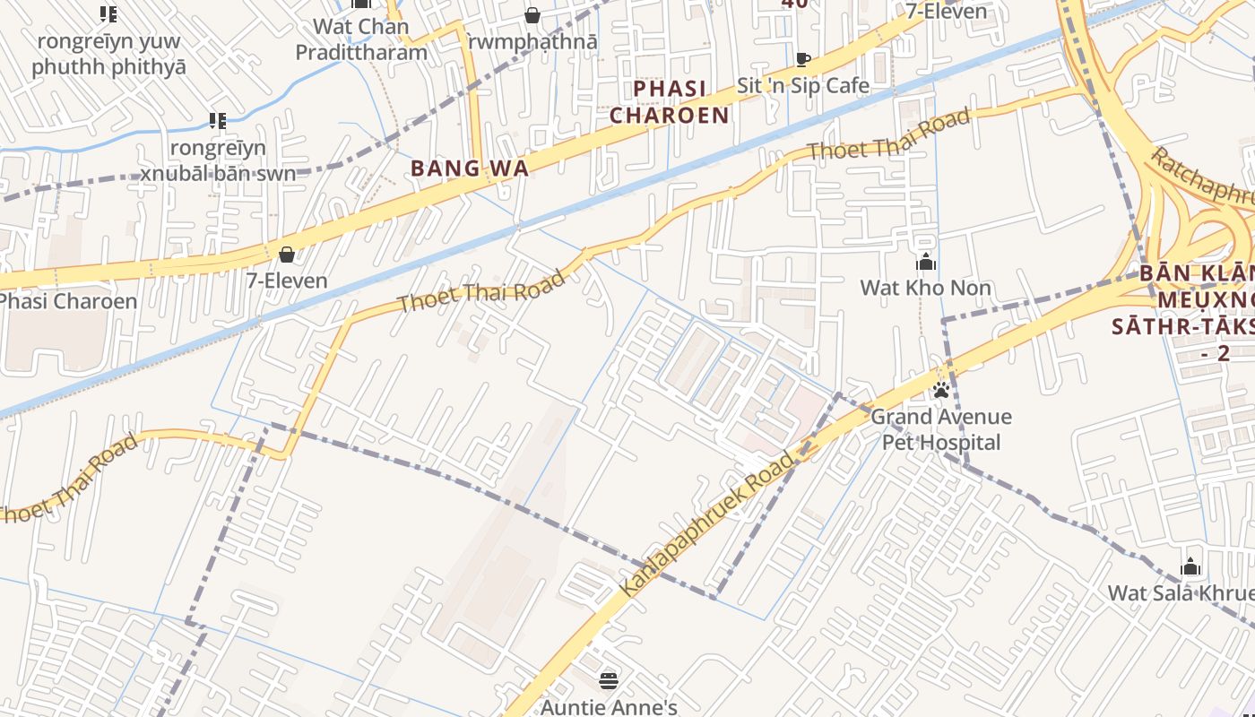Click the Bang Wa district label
(469, 168)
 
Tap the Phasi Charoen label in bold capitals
(670, 102)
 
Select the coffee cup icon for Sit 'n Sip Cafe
(803, 60)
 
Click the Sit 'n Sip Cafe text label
(803, 85)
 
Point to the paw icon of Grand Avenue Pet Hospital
(941, 390)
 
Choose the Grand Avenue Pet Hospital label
(941, 429)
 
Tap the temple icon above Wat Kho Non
(926, 262)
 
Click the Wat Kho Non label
(926, 288)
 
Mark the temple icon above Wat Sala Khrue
(1191, 566)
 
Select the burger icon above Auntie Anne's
(609, 680)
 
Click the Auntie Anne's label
(609, 706)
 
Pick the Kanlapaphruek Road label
(708, 525)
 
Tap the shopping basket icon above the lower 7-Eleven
(287, 255)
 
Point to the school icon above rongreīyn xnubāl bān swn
(217, 120)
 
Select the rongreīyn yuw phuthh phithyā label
(108, 54)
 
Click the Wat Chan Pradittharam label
(362, 39)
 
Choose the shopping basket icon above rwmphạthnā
(532, 15)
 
